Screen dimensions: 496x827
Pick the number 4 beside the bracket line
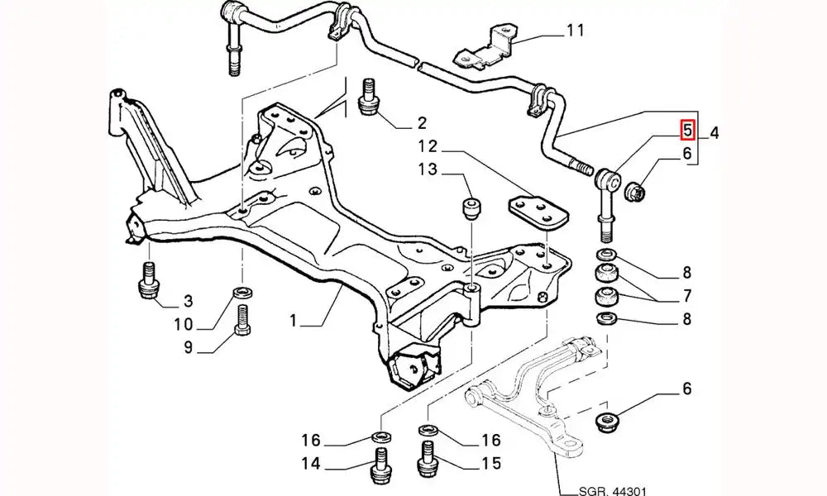coord(715,131)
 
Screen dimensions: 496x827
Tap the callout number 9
coord(188,348)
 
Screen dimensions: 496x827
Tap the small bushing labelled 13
coord(472,210)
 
